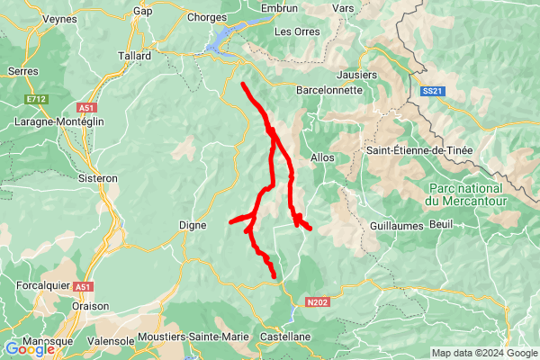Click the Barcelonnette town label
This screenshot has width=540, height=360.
[329, 90]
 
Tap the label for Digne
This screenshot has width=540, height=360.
[193, 225]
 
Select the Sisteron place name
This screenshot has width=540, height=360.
[98, 178]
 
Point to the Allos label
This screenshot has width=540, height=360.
[321, 157]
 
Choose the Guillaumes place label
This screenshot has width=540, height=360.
[396, 226]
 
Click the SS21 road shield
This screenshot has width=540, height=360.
[432, 91]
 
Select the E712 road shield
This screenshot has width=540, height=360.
[36, 98]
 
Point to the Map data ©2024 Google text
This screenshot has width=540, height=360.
[484, 353]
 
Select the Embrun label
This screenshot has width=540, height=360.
[278, 8]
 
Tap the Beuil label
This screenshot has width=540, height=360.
[441, 222]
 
